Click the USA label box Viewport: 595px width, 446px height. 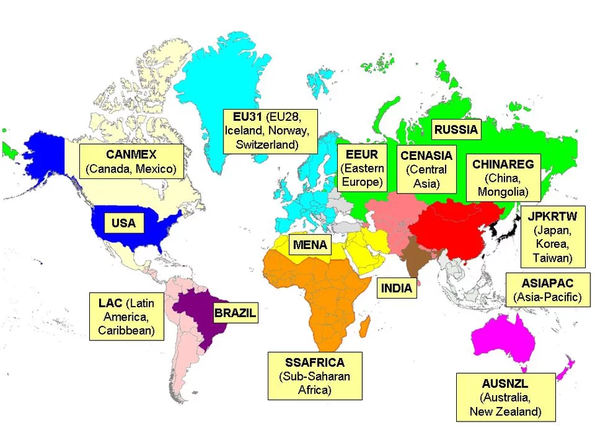point(123,223)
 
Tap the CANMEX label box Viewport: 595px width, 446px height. point(130,161)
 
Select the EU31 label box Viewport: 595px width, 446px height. point(269,130)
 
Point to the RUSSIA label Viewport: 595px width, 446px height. point(456,130)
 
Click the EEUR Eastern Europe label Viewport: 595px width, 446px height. point(362,168)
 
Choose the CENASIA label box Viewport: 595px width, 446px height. point(426,169)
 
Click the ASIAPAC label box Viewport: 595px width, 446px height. point(547,290)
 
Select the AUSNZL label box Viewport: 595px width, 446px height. point(506,397)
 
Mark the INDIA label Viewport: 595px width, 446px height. point(397,288)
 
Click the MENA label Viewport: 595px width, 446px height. point(310,245)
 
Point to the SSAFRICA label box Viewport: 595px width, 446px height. point(315,376)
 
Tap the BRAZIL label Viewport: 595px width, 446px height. point(235,313)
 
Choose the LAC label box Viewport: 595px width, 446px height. point(126,316)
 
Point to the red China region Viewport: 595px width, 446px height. point(456,228)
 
